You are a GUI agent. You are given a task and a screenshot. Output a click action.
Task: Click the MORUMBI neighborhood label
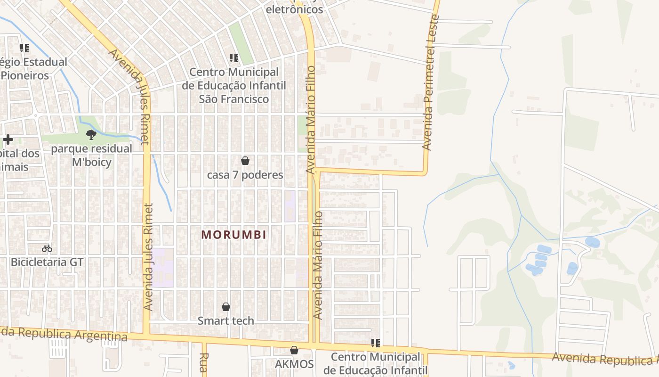point(234,234)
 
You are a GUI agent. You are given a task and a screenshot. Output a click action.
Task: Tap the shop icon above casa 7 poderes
point(245,161)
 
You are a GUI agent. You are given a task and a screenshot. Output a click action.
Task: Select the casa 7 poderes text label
point(245,175)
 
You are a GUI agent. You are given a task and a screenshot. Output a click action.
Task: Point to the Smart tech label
point(226,321)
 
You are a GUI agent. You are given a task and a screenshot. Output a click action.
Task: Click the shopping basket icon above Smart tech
point(226,307)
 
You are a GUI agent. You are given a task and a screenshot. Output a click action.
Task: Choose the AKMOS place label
point(294,364)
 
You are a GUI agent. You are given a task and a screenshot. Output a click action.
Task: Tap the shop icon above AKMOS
point(294,350)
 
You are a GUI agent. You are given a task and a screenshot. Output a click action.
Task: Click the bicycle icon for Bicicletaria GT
point(47,248)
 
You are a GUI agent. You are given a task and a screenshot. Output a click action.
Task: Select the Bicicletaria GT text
point(47,262)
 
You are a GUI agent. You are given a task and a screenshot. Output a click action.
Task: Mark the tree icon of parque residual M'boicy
point(91,135)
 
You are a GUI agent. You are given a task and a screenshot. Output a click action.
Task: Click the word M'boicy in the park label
point(92,163)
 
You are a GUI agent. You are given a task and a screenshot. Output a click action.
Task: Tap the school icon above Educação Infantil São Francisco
point(234,58)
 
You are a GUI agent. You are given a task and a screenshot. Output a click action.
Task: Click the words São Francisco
point(234,99)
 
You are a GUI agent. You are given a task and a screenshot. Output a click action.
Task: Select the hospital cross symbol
point(8,139)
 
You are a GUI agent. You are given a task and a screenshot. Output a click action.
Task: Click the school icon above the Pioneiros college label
point(24,48)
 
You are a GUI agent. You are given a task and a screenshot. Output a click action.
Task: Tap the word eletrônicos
point(295,9)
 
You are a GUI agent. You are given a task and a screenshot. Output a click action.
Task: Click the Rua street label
point(204,363)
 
